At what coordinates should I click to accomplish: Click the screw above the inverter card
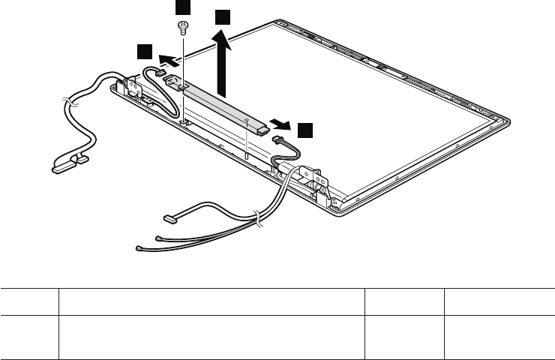182,28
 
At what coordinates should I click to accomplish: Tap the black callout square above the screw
182,7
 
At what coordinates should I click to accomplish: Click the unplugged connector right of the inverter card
278,140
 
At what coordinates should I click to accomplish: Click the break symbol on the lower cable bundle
257,219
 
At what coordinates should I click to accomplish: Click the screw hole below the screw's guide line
183,120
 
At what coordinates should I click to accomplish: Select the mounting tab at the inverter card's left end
171,80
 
